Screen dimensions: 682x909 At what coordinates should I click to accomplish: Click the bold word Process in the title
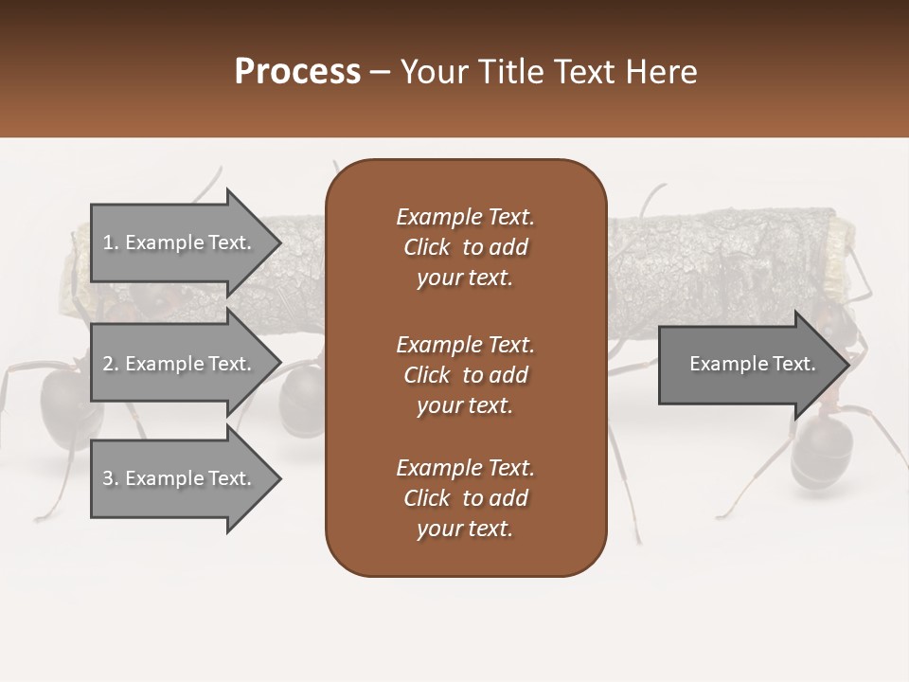coord(297,72)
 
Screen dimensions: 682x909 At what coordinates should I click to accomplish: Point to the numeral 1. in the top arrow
coord(110,242)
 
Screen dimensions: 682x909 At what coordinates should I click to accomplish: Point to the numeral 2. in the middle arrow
coord(110,364)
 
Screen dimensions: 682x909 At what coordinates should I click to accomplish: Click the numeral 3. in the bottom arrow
coord(110,478)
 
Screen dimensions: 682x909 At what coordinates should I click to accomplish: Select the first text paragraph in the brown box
coord(465,247)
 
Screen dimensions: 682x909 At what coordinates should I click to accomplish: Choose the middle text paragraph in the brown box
coord(465,375)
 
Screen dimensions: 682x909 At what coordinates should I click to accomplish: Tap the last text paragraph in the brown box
coord(465,498)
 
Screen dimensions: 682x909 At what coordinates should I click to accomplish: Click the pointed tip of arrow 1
coord(278,242)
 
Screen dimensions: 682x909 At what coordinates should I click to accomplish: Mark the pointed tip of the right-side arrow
coord(847,365)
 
